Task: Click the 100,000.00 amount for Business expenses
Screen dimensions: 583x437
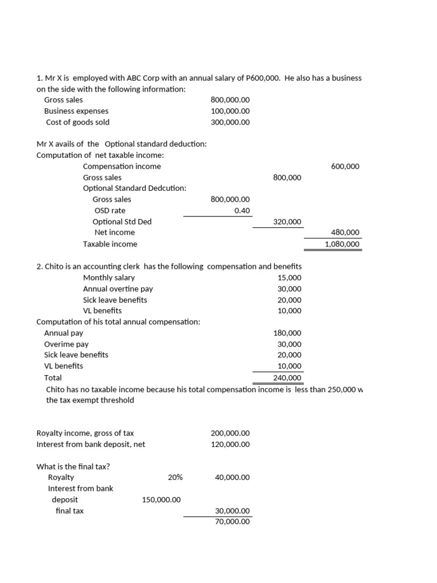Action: click(230, 111)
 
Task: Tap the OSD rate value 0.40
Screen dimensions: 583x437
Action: click(242, 210)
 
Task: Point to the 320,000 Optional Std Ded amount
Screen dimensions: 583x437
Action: click(287, 221)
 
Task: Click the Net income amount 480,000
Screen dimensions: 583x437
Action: click(345, 232)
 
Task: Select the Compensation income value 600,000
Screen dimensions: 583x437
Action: click(345, 166)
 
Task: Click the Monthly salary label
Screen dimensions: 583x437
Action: click(109, 277)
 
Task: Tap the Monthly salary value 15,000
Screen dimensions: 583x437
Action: click(290, 277)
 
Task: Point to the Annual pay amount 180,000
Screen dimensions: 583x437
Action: click(287, 333)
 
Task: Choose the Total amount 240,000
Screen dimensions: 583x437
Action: click(287, 377)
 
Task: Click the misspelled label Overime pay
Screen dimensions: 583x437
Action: click(66, 344)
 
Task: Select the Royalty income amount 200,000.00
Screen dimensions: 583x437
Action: click(230, 433)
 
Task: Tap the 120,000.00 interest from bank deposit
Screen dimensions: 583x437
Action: click(230, 444)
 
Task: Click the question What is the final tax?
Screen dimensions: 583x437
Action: click(73, 466)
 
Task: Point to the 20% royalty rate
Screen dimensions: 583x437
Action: click(175, 477)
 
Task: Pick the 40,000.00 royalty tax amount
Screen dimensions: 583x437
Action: click(232, 477)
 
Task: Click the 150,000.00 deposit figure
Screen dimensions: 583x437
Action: click(161, 499)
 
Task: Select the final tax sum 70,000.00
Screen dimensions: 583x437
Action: click(232, 522)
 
